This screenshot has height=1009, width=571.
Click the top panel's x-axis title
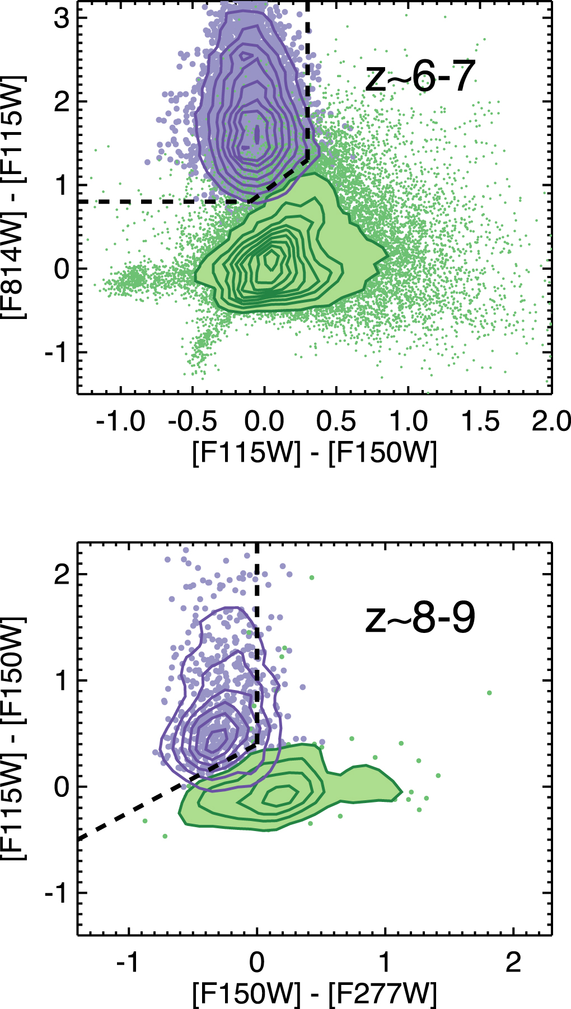pyautogui.click(x=314, y=453)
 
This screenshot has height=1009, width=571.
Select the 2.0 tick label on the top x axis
pyautogui.click(x=551, y=421)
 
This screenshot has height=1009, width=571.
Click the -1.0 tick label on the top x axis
pyautogui.click(x=120, y=421)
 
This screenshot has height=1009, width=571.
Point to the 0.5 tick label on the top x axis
pyautogui.click(x=336, y=421)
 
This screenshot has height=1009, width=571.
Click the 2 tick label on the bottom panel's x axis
pyautogui.click(x=513, y=963)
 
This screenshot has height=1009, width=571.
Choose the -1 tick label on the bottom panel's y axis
pyautogui.click(x=56, y=893)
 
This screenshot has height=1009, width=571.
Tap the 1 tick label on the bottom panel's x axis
pyautogui.click(x=385, y=963)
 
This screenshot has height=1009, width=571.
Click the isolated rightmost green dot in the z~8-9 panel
pyautogui.click(x=489, y=693)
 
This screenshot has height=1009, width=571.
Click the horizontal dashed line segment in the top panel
pyautogui.click(x=162, y=201)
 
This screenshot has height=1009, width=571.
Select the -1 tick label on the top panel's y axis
pyautogui.click(x=56, y=353)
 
